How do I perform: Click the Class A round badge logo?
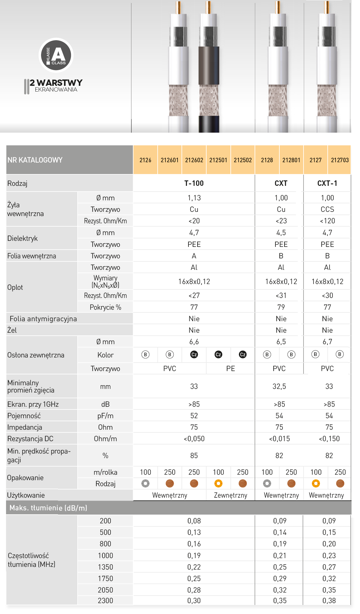pyautogui.click(x=56, y=55)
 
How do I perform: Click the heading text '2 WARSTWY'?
pyautogui.click(x=56, y=82)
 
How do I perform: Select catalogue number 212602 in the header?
pyautogui.click(x=194, y=160)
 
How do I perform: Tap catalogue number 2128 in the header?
pyautogui.click(x=267, y=160)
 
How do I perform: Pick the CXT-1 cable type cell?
pyautogui.click(x=327, y=183)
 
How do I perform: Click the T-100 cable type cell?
pyautogui.click(x=194, y=183)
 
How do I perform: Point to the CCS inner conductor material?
pyautogui.click(x=327, y=209)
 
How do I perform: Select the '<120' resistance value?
pyautogui.click(x=327, y=221)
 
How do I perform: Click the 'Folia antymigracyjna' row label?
pyautogui.click(x=43, y=319)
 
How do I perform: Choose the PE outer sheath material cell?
pyautogui.click(x=230, y=369)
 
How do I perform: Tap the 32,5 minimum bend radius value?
pyautogui.click(x=279, y=386)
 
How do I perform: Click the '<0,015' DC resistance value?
pyautogui.click(x=279, y=439)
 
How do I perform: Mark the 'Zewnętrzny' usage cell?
pyautogui.click(x=230, y=495)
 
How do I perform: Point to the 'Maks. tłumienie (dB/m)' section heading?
pyautogui.click(x=48, y=508)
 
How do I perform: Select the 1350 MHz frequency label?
pyautogui.click(x=105, y=567)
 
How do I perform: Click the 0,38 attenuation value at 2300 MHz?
pyautogui.click(x=329, y=601)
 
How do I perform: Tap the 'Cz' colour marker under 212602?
pyautogui.click(x=194, y=354)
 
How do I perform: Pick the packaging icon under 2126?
pyautogui.click(x=145, y=483)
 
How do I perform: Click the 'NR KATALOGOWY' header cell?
pyautogui.click(x=35, y=160)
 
